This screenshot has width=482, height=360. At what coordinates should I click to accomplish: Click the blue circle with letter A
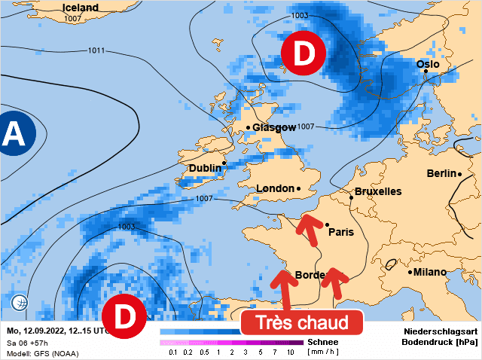(12, 134)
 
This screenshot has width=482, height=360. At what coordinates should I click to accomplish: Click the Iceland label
(80, 8)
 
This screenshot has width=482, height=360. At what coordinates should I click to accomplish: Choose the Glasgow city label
(274, 128)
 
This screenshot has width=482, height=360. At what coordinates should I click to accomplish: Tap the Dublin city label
(205, 168)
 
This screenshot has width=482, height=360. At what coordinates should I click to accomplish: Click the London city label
(275, 188)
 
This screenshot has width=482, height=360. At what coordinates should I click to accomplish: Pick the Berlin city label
(441, 173)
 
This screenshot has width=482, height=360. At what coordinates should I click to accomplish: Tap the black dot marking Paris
(327, 224)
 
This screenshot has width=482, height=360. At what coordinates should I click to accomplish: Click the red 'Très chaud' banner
(302, 323)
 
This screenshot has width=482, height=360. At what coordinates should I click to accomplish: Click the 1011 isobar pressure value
(96, 50)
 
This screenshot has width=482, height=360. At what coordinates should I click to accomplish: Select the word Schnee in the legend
(323, 341)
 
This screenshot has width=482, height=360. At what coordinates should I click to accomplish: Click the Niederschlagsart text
(441, 331)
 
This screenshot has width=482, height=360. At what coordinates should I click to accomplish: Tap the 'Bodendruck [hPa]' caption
(441, 343)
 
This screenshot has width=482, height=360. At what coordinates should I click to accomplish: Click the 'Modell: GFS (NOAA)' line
(38, 352)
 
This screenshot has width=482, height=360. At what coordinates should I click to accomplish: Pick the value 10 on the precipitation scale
(290, 352)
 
